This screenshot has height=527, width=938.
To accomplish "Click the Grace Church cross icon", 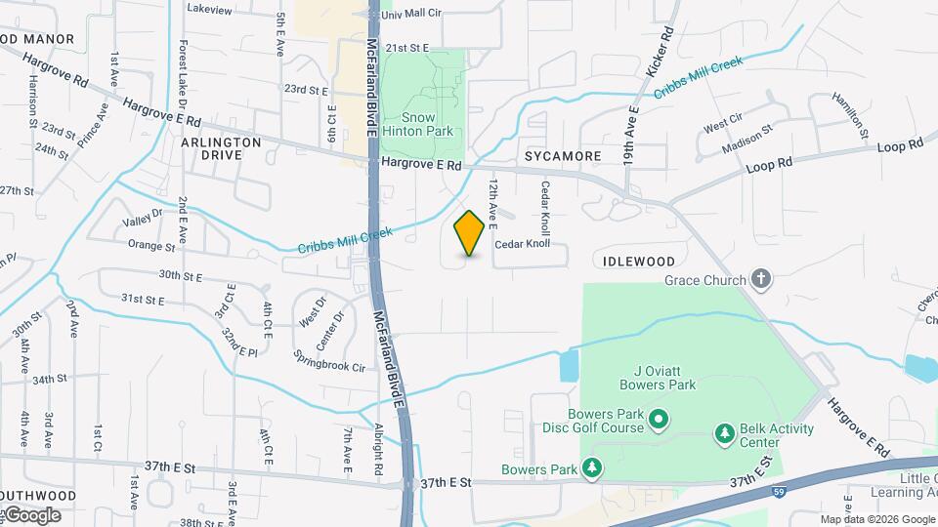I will point(762,280).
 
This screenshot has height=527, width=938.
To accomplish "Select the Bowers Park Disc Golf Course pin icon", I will point(658,421).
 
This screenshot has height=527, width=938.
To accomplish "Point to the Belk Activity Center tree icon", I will point(724,432).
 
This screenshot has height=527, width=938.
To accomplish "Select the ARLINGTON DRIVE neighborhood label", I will point(222,148).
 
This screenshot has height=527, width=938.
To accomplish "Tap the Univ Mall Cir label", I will point(411,15).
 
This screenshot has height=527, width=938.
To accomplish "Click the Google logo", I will point(31,515).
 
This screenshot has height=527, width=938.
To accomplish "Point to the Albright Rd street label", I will point(378,450).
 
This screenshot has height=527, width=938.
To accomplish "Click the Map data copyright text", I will point(877,519).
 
